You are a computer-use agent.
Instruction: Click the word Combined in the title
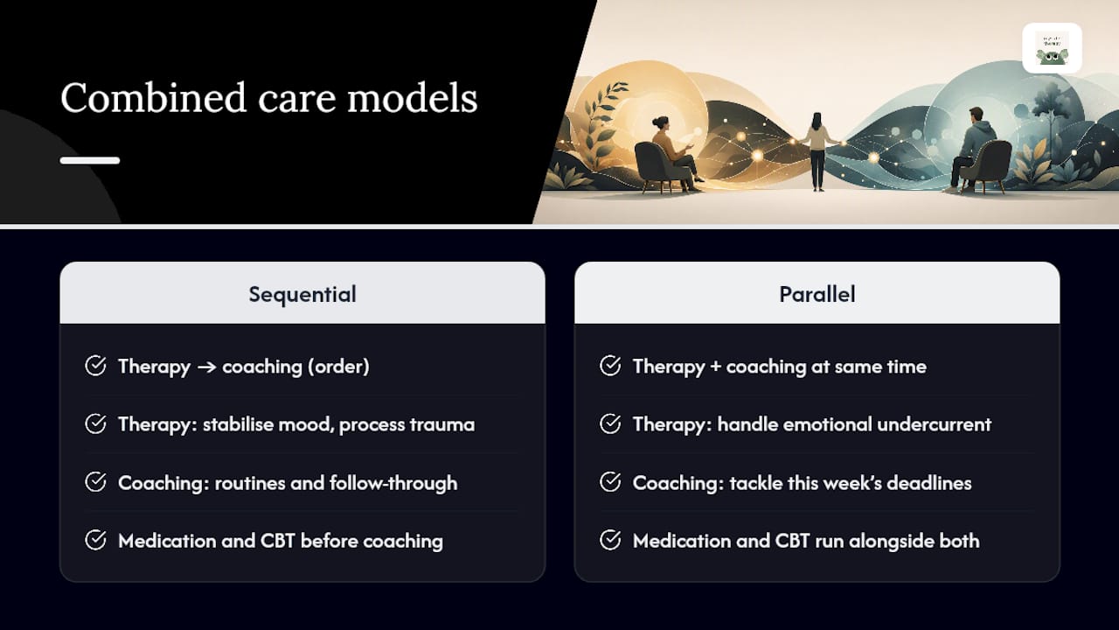(x=153, y=97)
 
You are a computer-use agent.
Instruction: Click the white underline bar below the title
(x=90, y=160)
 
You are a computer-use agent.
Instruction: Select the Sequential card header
(x=302, y=293)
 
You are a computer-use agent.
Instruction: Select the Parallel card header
(x=817, y=293)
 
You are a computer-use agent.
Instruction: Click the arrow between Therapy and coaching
(x=206, y=367)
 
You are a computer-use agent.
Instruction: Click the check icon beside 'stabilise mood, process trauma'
(x=95, y=424)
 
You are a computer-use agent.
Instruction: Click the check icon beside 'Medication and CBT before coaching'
(x=95, y=540)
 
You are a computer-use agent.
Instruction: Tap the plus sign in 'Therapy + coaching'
(x=715, y=367)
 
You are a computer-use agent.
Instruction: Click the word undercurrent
(x=935, y=424)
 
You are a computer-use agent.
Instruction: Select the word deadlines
(x=929, y=483)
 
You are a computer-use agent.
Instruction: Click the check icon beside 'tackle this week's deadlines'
(x=610, y=482)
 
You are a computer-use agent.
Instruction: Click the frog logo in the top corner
(x=1052, y=48)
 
